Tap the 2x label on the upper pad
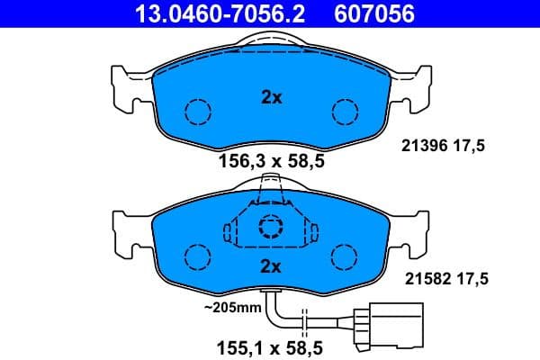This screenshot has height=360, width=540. (271, 98)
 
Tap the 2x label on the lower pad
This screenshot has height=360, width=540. (271, 265)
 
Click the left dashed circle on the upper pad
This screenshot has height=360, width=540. (197, 112)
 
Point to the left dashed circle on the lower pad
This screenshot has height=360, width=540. (197, 256)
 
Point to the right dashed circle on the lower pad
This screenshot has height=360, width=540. (345, 256)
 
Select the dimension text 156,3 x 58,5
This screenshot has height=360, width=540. (271, 162)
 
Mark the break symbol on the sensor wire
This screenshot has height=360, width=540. (307, 321)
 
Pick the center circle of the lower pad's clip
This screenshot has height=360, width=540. (271, 227)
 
